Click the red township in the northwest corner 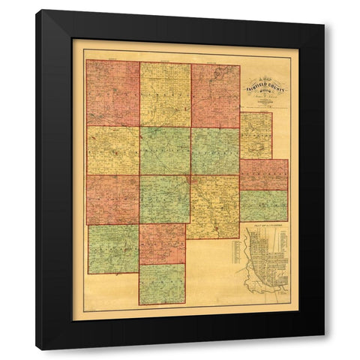tap(112, 93)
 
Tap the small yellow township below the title tap(256, 136)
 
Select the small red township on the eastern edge tap(263, 175)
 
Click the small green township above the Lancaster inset tap(263, 205)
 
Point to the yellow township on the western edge tap(112, 150)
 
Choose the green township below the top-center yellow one tap(165, 150)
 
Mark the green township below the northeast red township tap(214, 151)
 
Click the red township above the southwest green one tap(112, 199)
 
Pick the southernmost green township tap(162, 283)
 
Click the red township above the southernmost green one tap(162, 244)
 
